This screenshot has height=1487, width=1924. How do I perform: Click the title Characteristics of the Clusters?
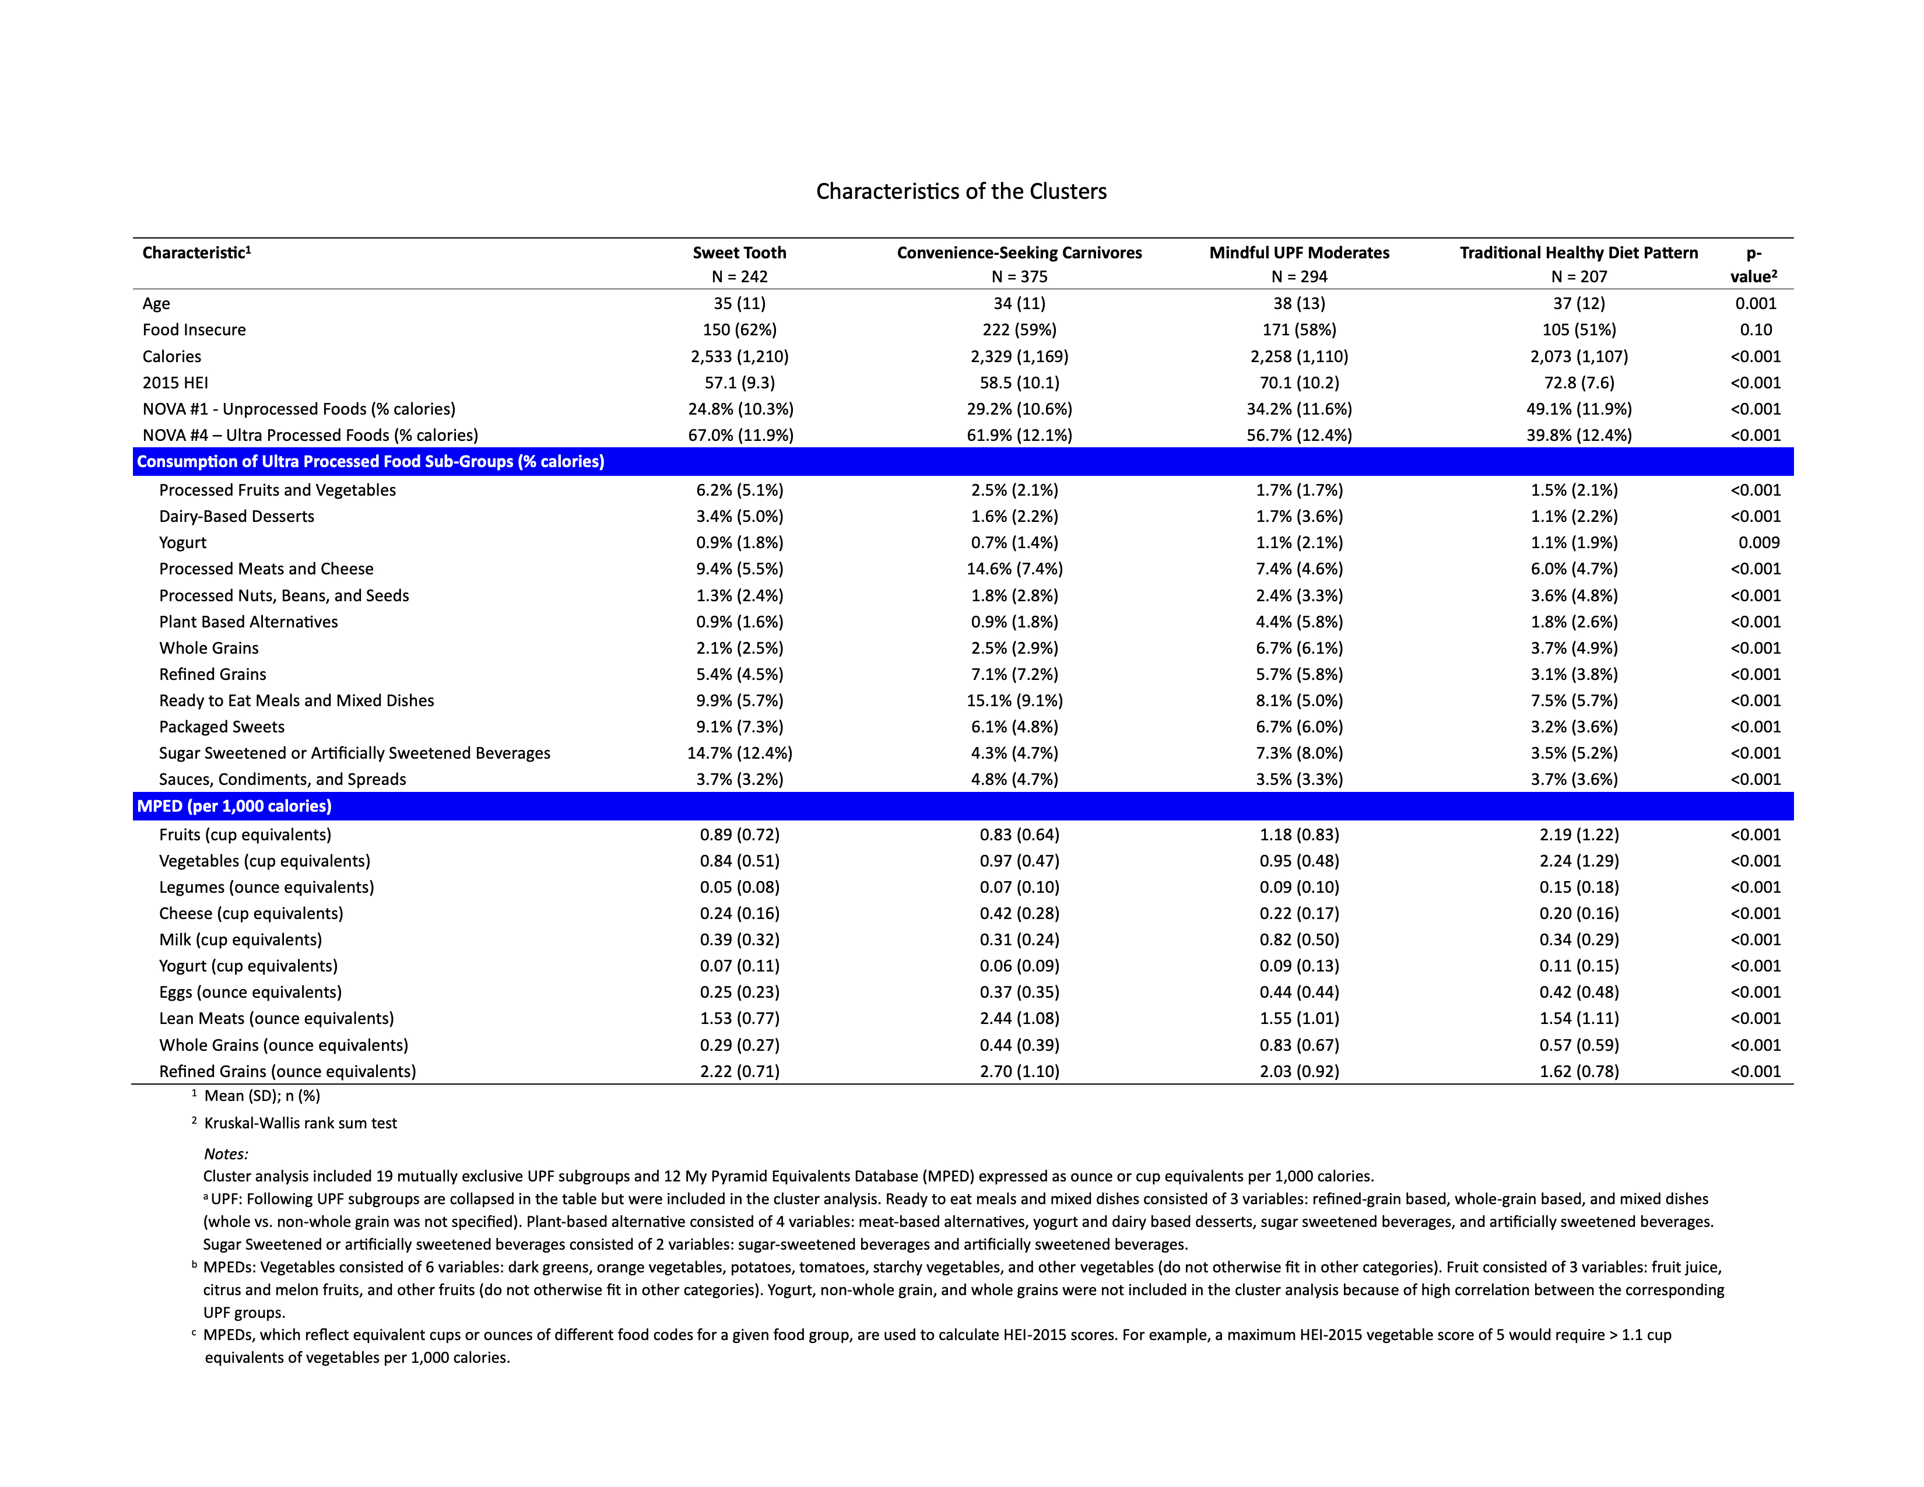[961, 191]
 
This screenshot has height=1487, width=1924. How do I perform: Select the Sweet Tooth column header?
[739, 253]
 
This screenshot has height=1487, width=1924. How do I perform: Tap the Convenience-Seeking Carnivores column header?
[1019, 253]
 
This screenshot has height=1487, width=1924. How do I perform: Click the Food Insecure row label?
[194, 329]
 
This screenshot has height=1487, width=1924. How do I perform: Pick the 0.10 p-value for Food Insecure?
[1756, 329]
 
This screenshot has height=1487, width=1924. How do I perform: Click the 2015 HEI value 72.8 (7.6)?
[1579, 383]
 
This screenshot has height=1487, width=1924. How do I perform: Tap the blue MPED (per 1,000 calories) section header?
[234, 806]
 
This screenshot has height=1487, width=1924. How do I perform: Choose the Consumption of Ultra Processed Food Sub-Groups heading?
[370, 462]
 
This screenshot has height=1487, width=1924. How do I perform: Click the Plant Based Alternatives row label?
[248, 622]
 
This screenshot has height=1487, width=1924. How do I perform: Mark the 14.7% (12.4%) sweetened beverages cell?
[739, 753]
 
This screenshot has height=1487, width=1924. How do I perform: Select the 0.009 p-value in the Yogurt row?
[1758, 543]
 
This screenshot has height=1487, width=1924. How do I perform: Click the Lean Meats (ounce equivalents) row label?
[276, 1018]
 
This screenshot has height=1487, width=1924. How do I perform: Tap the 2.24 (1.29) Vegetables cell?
[1579, 861]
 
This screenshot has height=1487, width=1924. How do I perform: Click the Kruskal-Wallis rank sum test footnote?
[300, 1123]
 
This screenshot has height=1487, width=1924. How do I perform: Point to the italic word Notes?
[226, 1154]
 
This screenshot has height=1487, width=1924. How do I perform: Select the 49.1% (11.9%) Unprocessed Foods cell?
[1579, 409]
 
